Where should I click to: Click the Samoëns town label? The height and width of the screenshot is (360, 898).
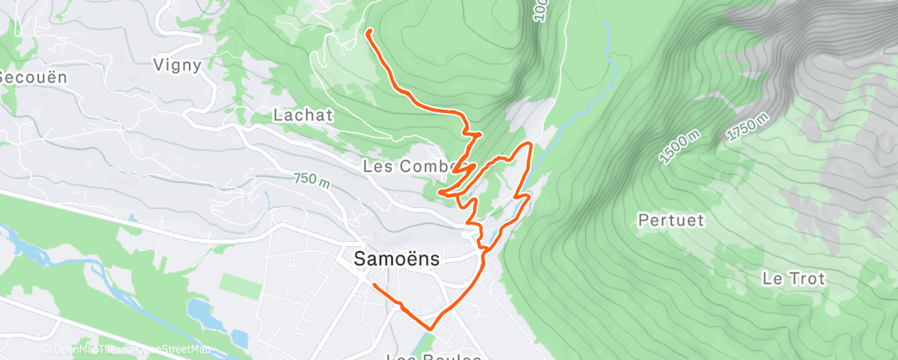pyautogui.click(x=396, y=258)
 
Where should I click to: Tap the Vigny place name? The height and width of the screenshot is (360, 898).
pyautogui.click(x=177, y=65)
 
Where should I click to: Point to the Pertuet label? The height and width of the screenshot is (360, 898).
pyautogui.click(x=671, y=220)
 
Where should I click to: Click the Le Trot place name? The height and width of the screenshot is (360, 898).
pyautogui.click(x=793, y=278)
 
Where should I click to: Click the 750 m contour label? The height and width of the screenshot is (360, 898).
pyautogui.click(x=310, y=179)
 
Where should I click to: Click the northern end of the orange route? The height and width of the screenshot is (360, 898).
pyautogui.click(x=368, y=31)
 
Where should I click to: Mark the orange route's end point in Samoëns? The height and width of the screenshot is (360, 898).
pyautogui.click(x=375, y=286)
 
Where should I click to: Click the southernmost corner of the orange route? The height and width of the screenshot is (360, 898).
pyautogui.click(x=430, y=327)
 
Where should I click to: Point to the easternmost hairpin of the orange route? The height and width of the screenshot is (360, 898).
pyautogui.click(x=528, y=144)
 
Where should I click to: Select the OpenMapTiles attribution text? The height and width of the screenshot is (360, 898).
pyautogui.click(x=83, y=350)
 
